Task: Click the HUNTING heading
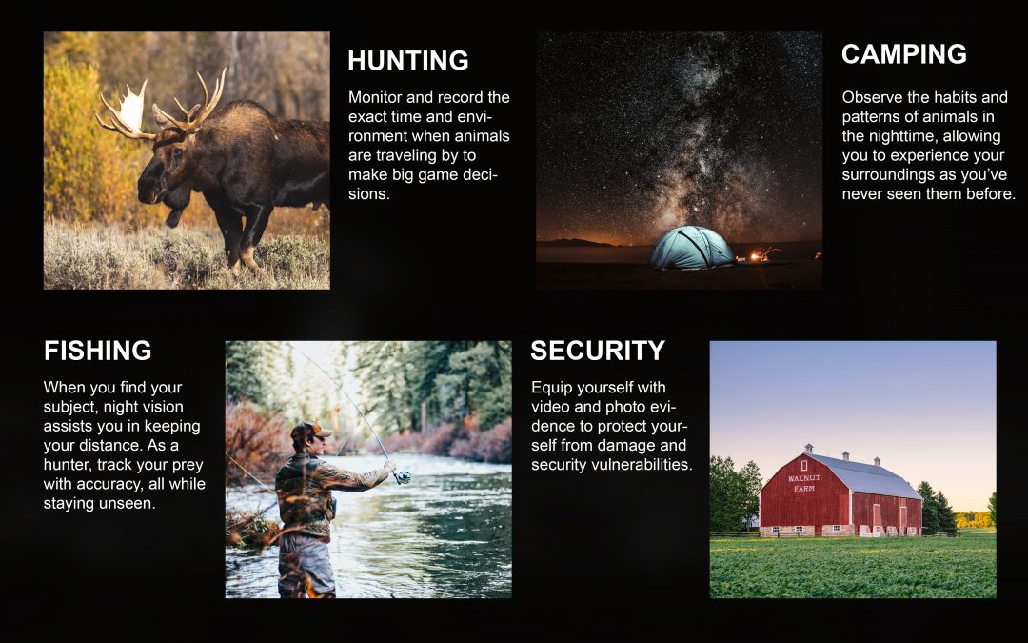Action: pyautogui.click(x=407, y=60)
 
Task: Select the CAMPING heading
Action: pyautogui.click(x=904, y=53)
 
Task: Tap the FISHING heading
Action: pyautogui.click(x=98, y=351)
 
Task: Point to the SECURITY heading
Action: pyautogui.click(x=598, y=351)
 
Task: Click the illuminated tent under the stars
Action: pyautogui.click(x=692, y=248)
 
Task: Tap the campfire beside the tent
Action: pyautogui.click(x=761, y=254)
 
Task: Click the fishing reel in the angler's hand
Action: pyautogui.click(x=403, y=477)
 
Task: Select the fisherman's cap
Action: pyautogui.click(x=310, y=429)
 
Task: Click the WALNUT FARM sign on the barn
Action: pyautogui.click(x=803, y=483)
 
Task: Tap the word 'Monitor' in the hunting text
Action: pyautogui.click(x=374, y=97)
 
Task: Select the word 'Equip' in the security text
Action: pyautogui.click(x=551, y=388)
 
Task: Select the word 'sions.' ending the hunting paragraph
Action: pyautogui.click(x=369, y=194)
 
